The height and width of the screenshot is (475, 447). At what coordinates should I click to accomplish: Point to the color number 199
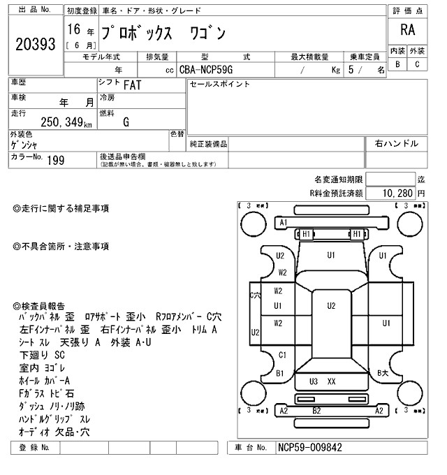pyautogui.click(x=55, y=161)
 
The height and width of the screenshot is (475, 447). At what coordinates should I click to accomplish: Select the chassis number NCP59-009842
pyautogui.click(x=310, y=447)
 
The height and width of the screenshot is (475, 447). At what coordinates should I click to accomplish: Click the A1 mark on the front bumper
pyautogui.click(x=284, y=222)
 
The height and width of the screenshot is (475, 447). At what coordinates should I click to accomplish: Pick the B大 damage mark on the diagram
pyautogui.click(x=383, y=373)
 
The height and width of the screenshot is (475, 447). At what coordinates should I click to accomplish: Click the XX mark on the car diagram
pyautogui.click(x=331, y=381)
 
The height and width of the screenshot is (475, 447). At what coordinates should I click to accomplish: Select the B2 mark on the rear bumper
pyautogui.click(x=316, y=411)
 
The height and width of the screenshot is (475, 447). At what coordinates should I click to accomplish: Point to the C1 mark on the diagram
pyautogui.click(x=282, y=355)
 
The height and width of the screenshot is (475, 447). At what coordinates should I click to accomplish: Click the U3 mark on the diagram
pyautogui.click(x=314, y=381)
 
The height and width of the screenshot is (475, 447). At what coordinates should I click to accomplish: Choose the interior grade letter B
pyautogui.click(x=397, y=65)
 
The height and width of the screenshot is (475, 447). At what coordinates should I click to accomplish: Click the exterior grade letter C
pyautogui.click(x=417, y=65)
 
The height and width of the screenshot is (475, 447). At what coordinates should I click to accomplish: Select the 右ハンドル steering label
pyautogui.click(x=397, y=143)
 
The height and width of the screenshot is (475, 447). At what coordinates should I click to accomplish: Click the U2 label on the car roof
pyautogui.click(x=332, y=305)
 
